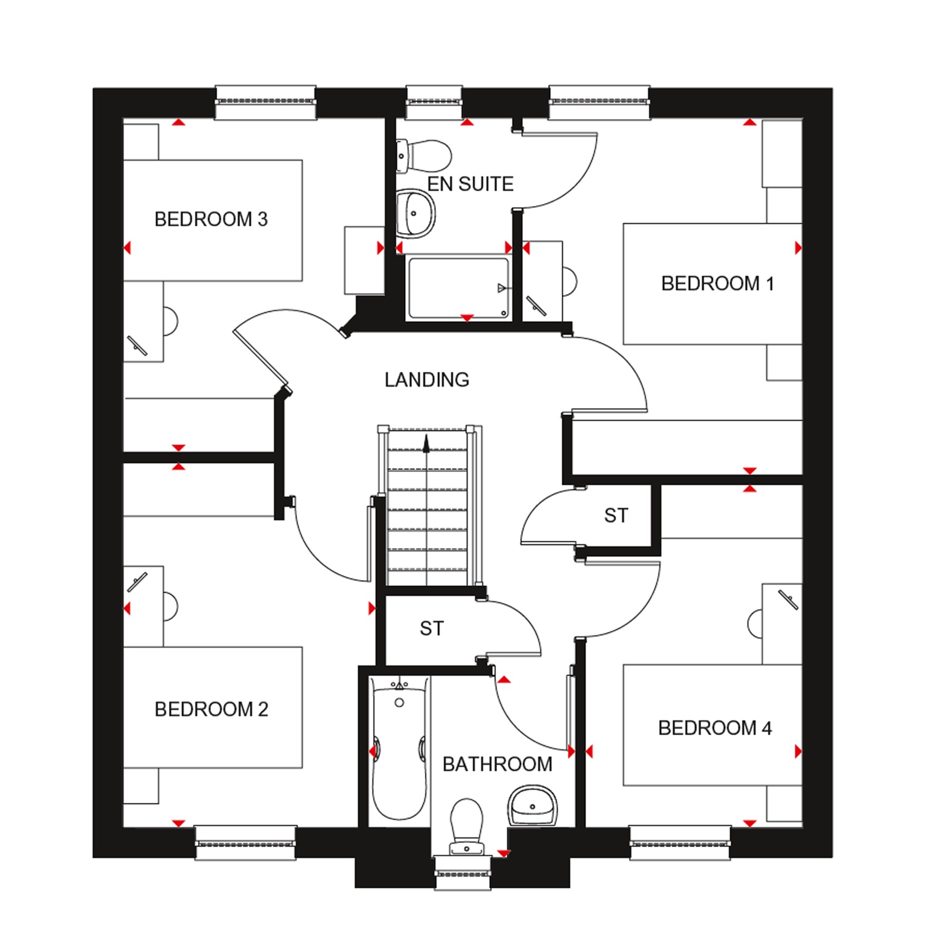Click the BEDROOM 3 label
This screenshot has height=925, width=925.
coord(211,220)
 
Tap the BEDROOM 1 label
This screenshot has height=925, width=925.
coord(717,284)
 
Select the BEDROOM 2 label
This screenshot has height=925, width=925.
coord(212,709)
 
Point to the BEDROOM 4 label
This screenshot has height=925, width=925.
coord(715,728)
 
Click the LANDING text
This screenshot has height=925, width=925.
coord(427,380)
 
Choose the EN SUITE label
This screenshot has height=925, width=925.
coord(471,184)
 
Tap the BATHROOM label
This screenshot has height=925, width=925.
coord(498,765)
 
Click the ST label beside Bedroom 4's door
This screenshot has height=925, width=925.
coord(616,516)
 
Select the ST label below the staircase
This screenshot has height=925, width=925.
coord(432,628)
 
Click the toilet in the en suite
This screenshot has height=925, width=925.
coord(424,155)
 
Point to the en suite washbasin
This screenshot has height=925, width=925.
coord(415,213)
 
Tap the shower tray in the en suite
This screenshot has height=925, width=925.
coord(458,289)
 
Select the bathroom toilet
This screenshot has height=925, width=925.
coord(467,828)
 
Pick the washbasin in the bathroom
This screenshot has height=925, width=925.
coord(533,805)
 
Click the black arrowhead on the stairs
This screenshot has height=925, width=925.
coord(426,439)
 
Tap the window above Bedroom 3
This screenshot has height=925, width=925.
coord(266,102)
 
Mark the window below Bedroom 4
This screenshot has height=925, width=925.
coord(680,843)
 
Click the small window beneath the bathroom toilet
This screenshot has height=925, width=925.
coord(462,874)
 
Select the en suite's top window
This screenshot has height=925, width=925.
coord(434,102)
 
